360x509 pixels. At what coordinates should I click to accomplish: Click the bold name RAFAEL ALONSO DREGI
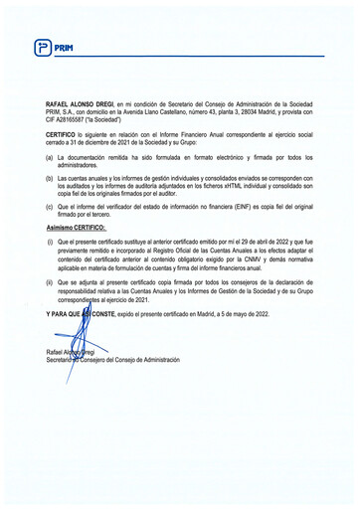(x=79, y=104)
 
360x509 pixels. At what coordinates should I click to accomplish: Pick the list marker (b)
(x=51, y=181)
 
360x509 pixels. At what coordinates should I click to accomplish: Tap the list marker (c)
(x=51, y=208)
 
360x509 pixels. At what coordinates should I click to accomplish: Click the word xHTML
(x=227, y=189)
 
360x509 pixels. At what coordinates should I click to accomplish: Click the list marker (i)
(x=51, y=242)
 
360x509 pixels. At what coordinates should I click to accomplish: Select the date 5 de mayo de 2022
(x=243, y=313)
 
